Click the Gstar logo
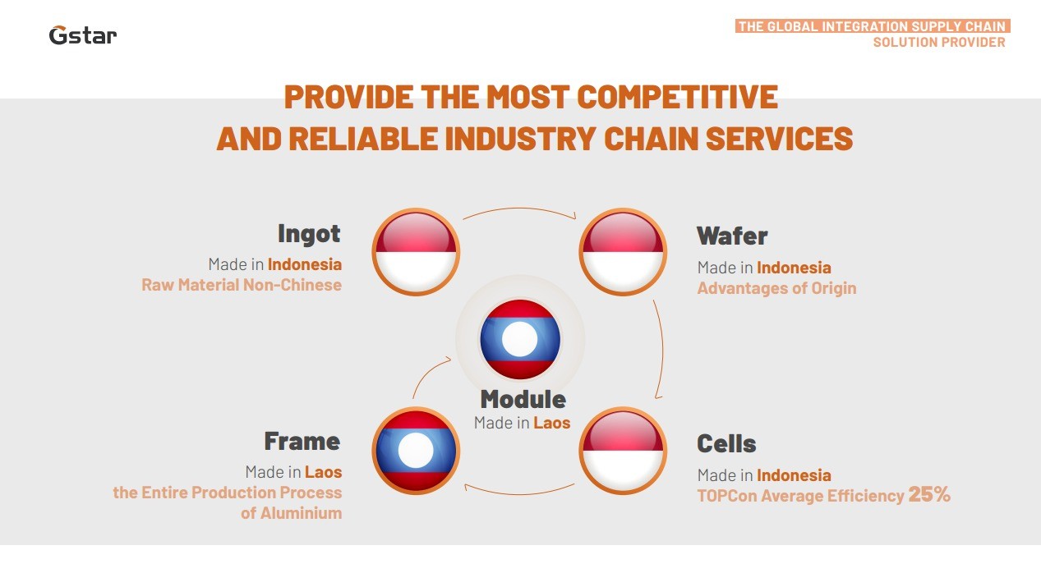(83, 35)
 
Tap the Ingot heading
(309, 234)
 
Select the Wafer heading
(732, 236)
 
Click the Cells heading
(726, 443)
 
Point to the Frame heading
(302, 441)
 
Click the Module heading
(523, 399)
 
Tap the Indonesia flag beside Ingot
(416, 252)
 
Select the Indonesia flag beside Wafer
(624, 252)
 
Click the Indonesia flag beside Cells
(624, 451)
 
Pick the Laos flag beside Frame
(416, 451)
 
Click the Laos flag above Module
(520, 339)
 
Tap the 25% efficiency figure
(929, 494)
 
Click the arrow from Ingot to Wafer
(519, 209)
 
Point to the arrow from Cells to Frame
(519, 493)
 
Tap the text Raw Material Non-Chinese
(242, 285)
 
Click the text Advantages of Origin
(776, 288)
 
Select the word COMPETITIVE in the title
(677, 97)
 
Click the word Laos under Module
(551, 423)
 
